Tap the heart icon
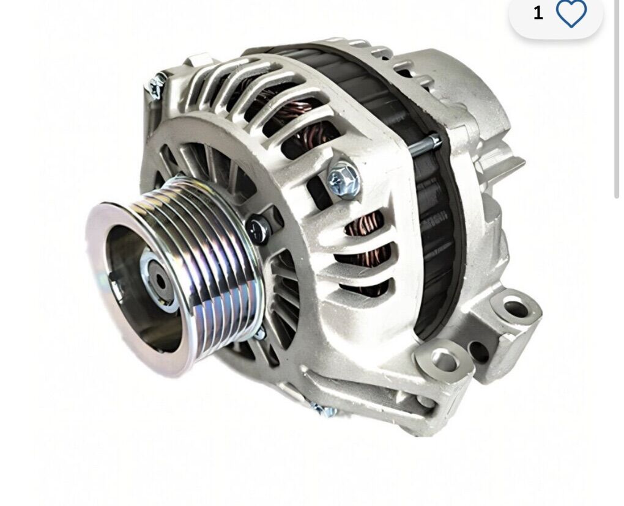[x=571, y=13]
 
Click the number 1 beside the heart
[x=538, y=13]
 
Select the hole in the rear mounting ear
[x=516, y=308]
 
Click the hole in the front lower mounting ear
[x=445, y=361]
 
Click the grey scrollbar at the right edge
[x=617, y=98]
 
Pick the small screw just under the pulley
[x=259, y=333]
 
